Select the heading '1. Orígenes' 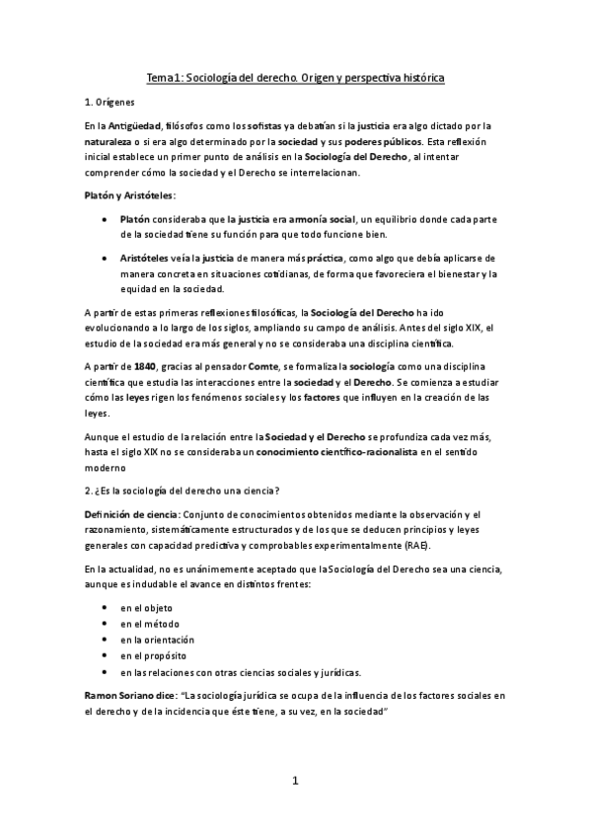[x=111, y=102]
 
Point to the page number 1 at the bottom [x=295, y=782]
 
